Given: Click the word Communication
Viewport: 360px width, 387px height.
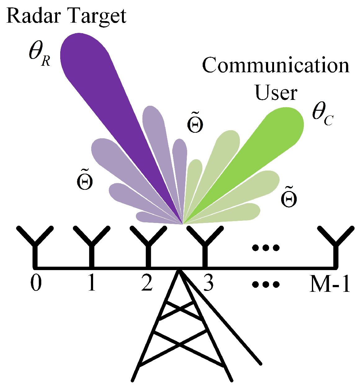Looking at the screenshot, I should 276,66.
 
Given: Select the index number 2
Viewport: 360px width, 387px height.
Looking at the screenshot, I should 146,283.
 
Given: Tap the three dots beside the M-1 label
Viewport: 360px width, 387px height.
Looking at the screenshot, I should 266,283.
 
